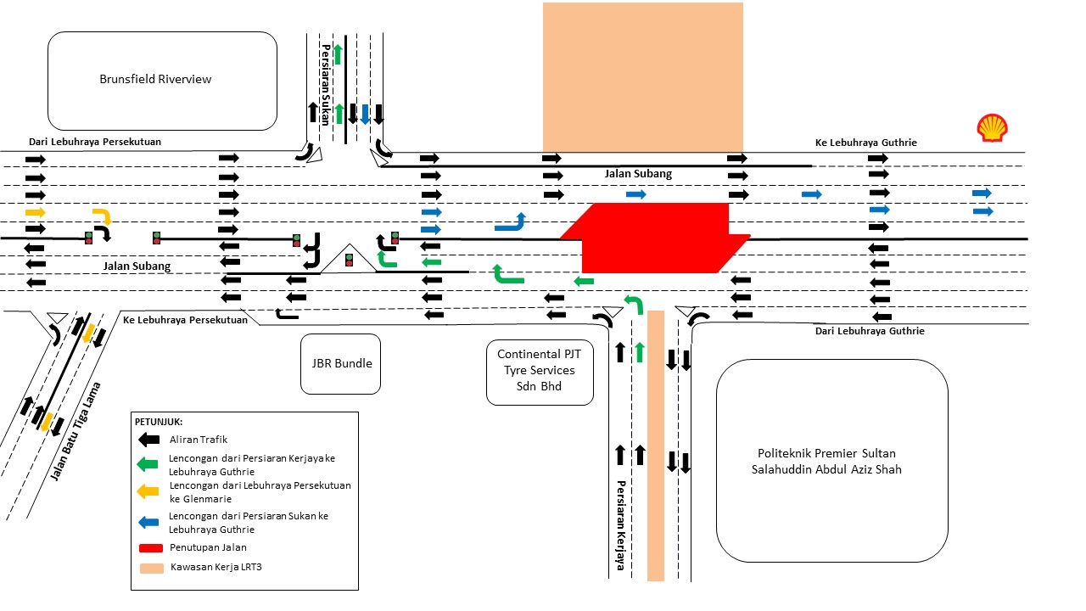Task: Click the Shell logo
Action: click(991, 128)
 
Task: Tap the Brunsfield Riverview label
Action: click(155, 80)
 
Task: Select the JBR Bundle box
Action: click(341, 364)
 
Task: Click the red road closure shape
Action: click(653, 238)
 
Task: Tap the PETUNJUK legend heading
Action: click(159, 422)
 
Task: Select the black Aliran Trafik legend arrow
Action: click(149, 440)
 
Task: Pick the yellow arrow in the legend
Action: click(149, 490)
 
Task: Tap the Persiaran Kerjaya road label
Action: click(620, 526)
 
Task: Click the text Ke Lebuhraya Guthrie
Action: click(865, 143)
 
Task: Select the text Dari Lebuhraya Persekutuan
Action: click(95, 142)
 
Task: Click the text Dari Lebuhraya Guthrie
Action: click(870, 331)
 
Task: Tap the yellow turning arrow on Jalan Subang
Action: click(102, 215)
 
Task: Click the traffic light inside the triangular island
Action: click(349, 260)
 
